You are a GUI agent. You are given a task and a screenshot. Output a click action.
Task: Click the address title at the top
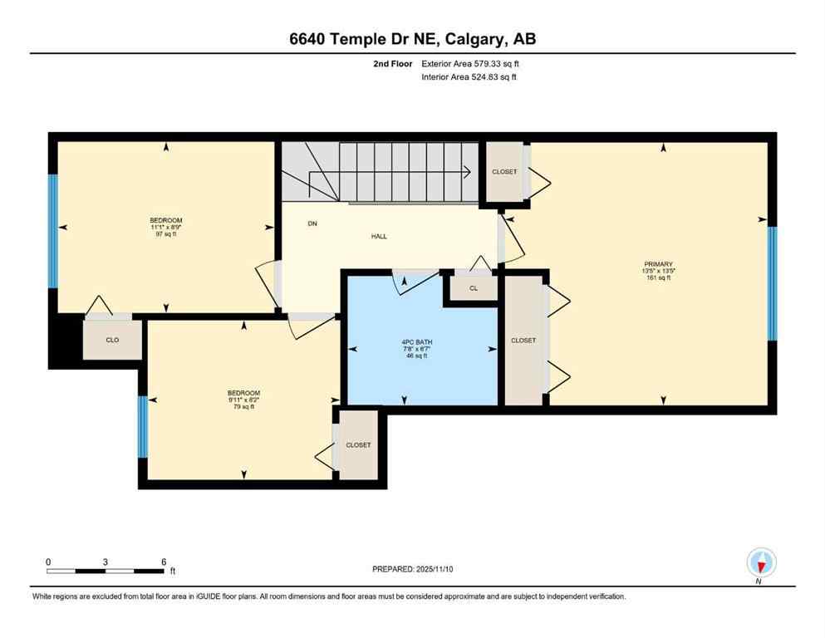(412, 38)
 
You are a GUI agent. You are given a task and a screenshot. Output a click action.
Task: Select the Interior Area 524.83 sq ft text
(470, 77)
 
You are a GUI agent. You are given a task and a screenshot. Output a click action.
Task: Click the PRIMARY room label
(656, 263)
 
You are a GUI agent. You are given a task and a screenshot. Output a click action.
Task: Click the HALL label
(379, 236)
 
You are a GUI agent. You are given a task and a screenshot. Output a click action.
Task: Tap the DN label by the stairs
(312, 223)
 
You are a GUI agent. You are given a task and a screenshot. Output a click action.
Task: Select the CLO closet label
(112, 340)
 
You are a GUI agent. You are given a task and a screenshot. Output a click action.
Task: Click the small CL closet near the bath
(473, 288)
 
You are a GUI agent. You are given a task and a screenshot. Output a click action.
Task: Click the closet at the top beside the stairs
(503, 172)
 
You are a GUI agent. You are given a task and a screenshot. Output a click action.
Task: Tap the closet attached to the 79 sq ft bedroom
(358, 445)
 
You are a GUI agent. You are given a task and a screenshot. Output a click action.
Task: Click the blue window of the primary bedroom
(771, 283)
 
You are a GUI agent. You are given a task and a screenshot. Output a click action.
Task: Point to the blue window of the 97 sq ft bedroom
(52, 231)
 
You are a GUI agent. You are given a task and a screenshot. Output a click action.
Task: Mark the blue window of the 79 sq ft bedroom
(142, 426)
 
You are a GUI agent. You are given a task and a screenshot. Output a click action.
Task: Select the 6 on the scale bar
(163, 562)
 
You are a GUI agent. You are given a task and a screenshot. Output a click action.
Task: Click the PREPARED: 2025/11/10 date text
(412, 569)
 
